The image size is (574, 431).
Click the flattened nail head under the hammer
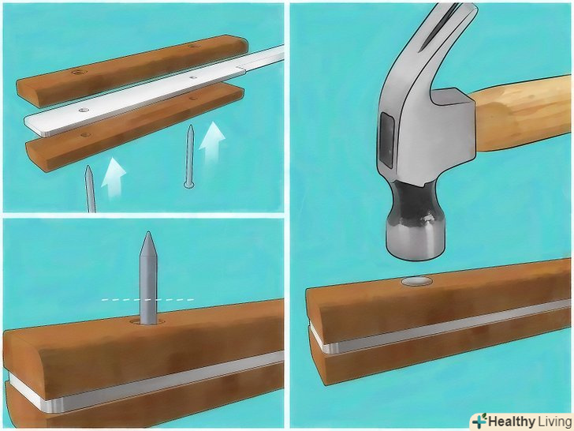(416, 281)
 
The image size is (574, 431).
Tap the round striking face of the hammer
(416, 253)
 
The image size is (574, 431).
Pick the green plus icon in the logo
(479, 421)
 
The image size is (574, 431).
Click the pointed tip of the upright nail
(148, 232)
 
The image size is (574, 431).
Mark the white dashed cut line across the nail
(147, 300)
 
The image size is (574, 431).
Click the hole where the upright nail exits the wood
(148, 323)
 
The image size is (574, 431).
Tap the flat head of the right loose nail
(188, 185)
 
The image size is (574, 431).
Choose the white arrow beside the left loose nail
(113, 178)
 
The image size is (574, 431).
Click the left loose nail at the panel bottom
(90, 189)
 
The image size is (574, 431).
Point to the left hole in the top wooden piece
(77, 72)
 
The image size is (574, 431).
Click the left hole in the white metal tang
(84, 110)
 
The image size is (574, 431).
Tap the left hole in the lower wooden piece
(85, 135)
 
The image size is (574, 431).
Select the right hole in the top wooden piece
(193, 46)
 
